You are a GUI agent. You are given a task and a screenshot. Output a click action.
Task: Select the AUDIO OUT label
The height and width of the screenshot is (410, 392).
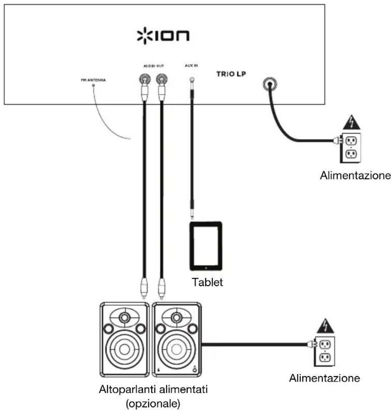click(x=152, y=66)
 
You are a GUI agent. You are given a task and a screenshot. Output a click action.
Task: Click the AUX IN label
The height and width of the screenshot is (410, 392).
click(x=191, y=66)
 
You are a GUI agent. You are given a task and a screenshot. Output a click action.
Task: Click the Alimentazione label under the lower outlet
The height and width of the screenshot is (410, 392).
click(x=325, y=378)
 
